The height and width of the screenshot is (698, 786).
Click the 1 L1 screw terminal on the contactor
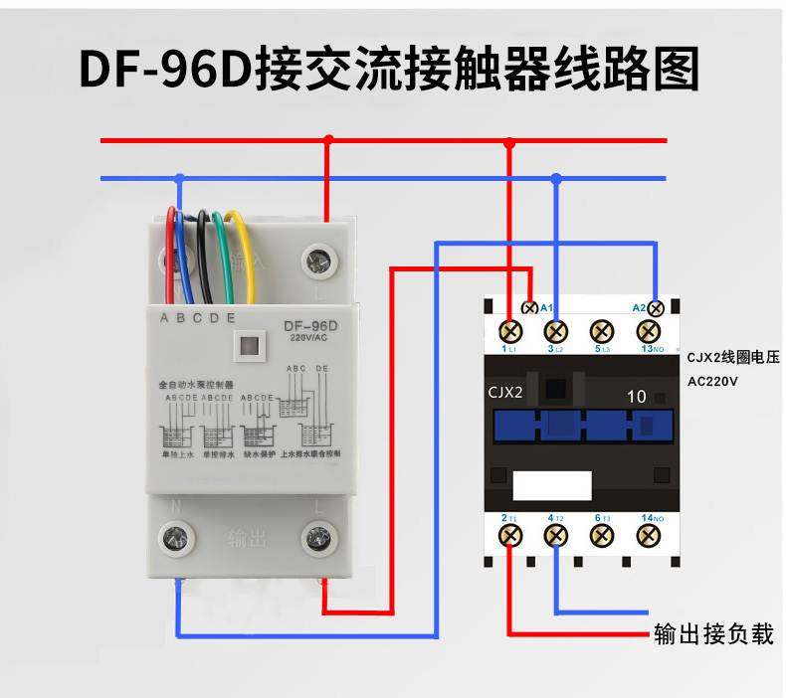510,330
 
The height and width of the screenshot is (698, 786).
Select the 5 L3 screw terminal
602,330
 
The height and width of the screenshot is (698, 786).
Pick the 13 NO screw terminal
649,330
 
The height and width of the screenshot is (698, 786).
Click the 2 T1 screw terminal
510,536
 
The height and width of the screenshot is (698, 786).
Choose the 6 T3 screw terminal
602,536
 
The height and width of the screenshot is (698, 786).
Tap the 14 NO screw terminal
649,536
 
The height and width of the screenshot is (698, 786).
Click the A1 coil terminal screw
530,307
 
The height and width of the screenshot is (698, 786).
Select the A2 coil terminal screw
655,307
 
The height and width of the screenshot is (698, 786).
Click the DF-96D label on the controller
311,325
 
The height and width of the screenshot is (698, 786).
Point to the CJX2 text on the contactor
505,392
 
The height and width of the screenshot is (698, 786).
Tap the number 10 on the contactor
637,396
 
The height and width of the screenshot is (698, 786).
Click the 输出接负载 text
713,633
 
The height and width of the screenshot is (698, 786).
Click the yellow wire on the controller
238,254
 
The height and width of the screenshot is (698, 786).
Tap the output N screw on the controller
178,540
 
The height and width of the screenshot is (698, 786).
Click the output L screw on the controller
318,540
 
